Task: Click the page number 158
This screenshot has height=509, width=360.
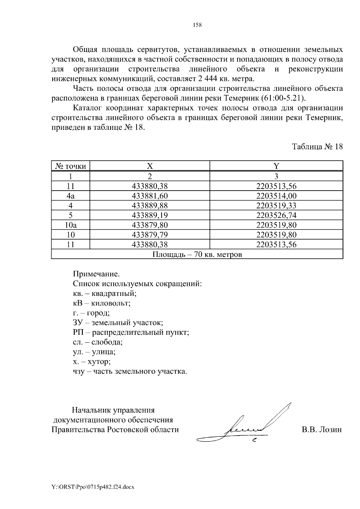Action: tap(197, 25)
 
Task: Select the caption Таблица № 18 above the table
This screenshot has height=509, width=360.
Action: tap(317, 147)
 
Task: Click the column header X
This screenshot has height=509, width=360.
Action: tap(150, 166)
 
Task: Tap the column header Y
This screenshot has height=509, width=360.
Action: tap(276, 166)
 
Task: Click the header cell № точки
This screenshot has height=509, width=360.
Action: tap(71, 166)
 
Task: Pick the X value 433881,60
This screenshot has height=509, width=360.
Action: tap(150, 196)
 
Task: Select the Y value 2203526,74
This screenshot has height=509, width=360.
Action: tap(276, 215)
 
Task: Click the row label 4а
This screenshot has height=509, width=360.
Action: tap(70, 196)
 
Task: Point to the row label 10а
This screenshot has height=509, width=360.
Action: tap(71, 225)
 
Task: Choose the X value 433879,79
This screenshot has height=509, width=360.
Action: tap(150, 235)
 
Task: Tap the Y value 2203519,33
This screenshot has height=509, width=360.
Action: tap(276, 206)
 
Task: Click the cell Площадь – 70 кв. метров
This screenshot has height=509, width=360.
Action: tap(197, 255)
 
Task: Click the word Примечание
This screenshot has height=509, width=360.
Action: tap(96, 274)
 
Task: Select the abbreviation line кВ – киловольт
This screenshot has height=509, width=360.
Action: tap(102, 303)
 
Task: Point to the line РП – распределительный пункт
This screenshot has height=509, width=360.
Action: tap(131, 332)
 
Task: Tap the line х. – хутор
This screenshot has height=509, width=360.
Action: tap(92, 362)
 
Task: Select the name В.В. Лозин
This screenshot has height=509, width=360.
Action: tap(322, 430)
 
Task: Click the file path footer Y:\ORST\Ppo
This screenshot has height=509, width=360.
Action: tap(93, 487)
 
